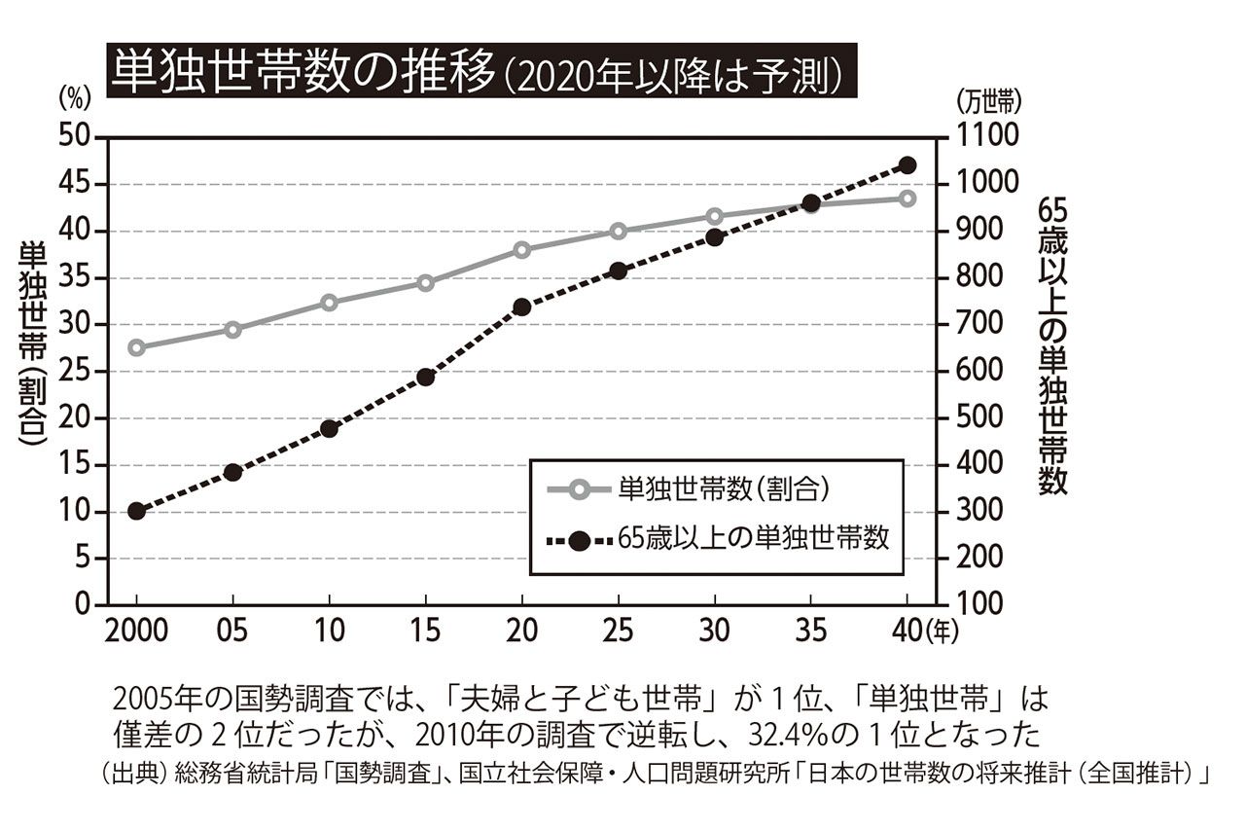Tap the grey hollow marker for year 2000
137,347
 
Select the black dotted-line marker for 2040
907,165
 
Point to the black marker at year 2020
521,307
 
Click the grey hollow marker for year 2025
618,232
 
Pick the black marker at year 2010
329,428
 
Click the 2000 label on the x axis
137,632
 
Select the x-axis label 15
425,632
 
